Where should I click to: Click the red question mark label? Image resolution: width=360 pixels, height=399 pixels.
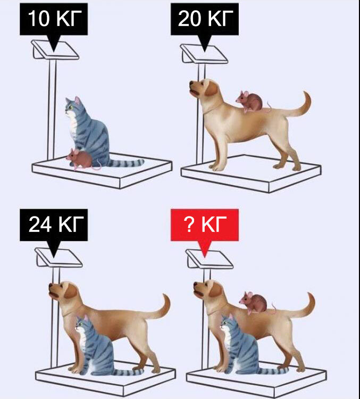tap(205, 225)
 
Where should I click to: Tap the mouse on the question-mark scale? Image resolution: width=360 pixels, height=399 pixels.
tap(256, 303)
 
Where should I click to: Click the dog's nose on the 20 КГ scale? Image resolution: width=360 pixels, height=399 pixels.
tap(191, 84)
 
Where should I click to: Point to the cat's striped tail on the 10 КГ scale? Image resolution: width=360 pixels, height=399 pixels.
tap(127, 163)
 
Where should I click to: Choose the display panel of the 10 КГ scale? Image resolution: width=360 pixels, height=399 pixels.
tap(55, 50)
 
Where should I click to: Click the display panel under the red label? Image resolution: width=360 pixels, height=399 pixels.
tap(209, 259)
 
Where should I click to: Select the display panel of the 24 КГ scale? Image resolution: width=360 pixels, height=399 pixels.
tap(58, 257)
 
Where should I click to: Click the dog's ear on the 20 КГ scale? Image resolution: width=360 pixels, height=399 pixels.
tap(212, 88)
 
